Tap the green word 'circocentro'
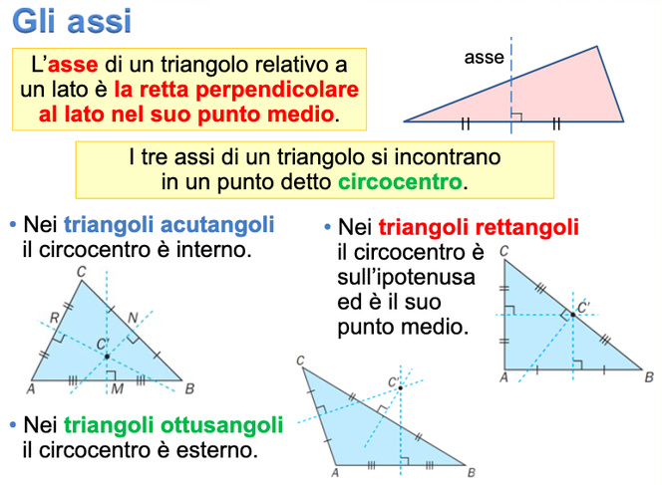coord(401,182)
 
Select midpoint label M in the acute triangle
coord(118,386)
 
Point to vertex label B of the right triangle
coord(649,377)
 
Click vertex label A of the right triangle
coord(502,377)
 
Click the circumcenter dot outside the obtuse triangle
coord(400,388)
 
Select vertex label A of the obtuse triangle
coord(334,473)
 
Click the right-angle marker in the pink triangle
coord(515,116)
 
